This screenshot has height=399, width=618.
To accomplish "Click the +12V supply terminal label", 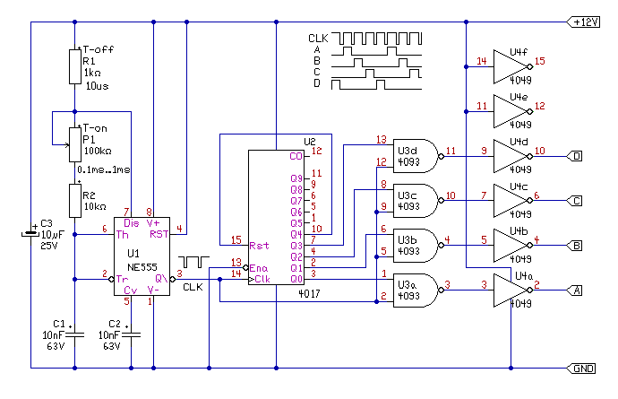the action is [583, 22].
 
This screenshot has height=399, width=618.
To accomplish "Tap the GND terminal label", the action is [581, 369].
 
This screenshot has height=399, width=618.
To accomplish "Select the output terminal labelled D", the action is [575, 156].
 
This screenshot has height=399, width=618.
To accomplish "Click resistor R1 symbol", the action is [75, 66].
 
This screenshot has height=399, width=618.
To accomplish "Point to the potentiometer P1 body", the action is [75, 144].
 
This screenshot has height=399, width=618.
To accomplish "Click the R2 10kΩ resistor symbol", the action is [75, 201].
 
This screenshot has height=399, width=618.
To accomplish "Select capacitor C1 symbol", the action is [75, 335].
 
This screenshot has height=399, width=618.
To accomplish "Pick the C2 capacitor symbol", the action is [132, 335].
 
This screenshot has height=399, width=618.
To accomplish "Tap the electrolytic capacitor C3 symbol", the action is [30, 234].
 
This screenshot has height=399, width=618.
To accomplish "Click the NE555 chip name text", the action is [142, 267].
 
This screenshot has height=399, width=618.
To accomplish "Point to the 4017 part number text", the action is [309, 293].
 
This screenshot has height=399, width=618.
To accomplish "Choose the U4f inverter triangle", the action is [512, 66].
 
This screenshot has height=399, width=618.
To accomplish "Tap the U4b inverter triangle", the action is [512, 246].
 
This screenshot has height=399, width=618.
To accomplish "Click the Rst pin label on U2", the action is [259, 246].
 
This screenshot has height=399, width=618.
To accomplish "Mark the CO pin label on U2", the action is [296, 156].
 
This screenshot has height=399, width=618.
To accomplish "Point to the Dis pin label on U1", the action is [132, 223].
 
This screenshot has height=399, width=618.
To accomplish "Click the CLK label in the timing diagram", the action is [318, 39].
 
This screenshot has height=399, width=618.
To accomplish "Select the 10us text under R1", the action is [97, 86].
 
